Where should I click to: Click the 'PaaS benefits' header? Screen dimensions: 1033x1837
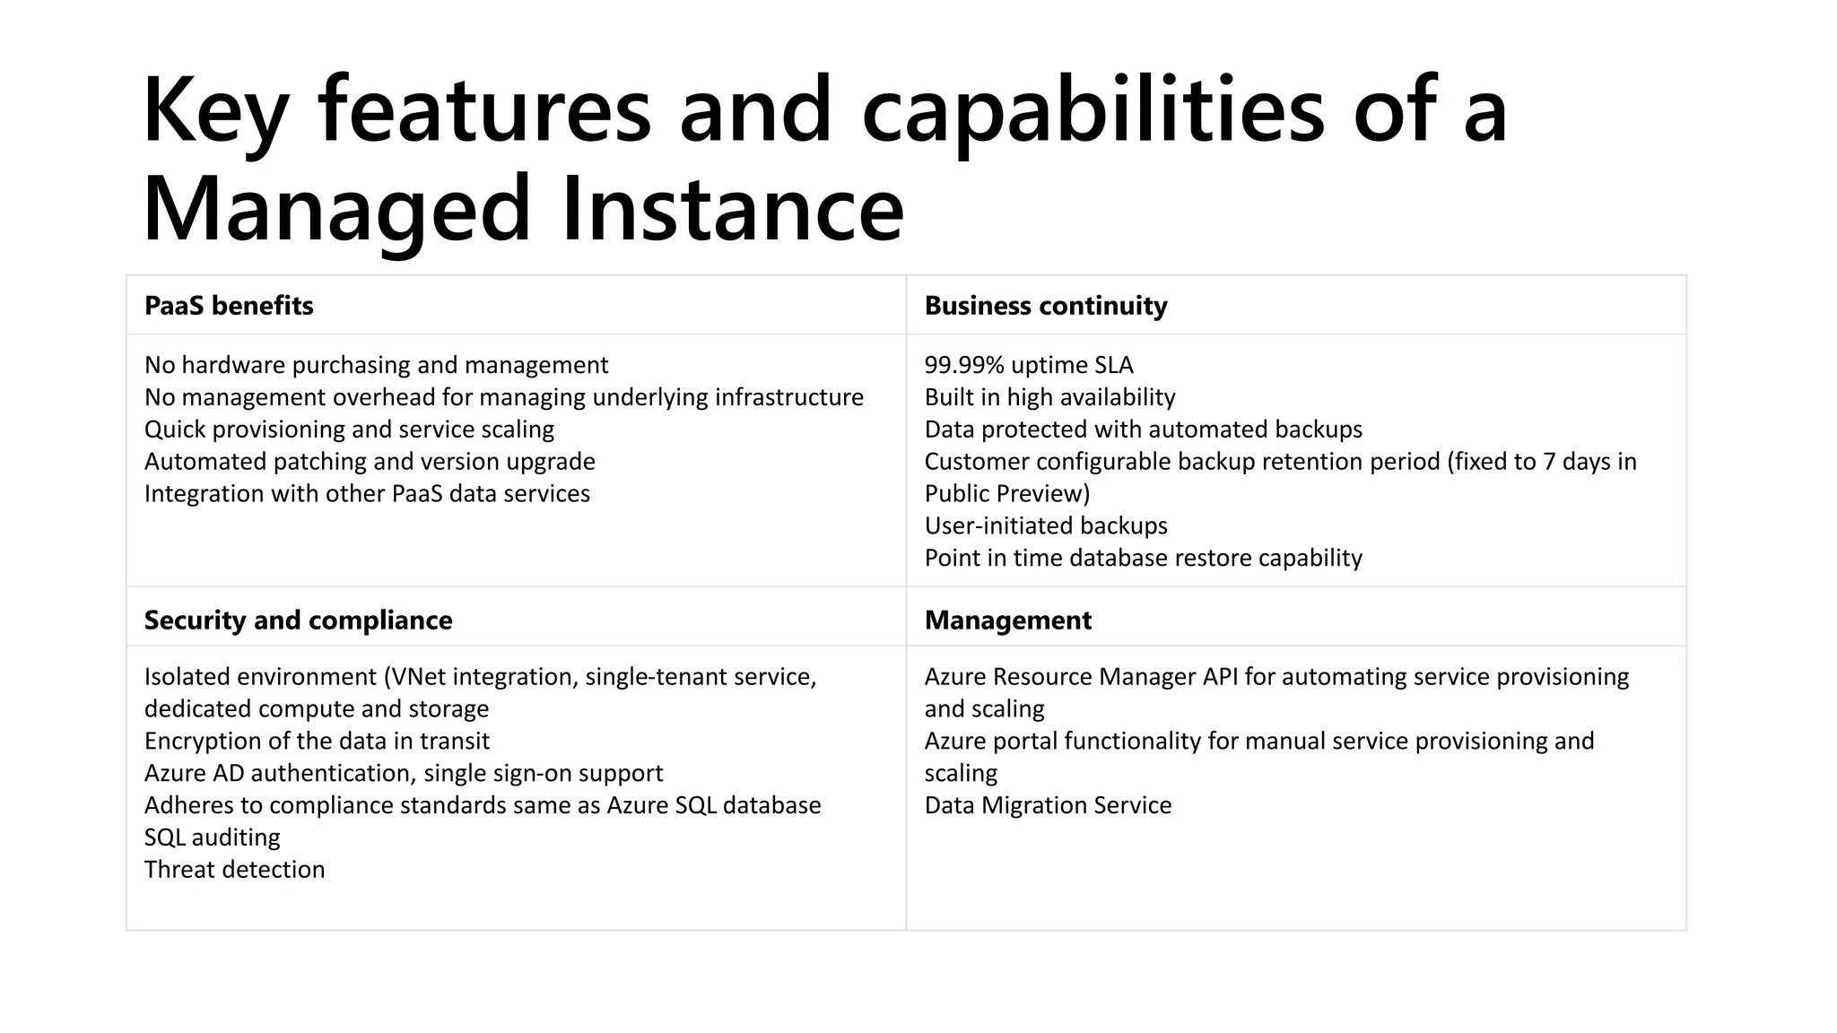(229, 306)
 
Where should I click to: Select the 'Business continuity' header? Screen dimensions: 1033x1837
(1046, 306)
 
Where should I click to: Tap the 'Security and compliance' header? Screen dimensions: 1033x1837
(298, 621)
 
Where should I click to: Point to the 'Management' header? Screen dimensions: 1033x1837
(1007, 621)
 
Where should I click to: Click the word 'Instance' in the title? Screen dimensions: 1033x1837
(732, 209)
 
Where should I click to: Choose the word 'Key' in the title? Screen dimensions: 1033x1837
(215, 110)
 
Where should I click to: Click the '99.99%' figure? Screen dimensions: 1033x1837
(964, 365)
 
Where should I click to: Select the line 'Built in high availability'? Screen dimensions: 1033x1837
(1049, 397)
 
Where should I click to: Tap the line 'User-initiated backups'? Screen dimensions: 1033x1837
(1046, 525)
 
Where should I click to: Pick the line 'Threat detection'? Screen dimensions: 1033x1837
(234, 870)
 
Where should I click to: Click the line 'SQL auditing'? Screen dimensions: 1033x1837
(212, 838)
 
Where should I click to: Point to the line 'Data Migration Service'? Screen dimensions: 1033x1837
(1048, 805)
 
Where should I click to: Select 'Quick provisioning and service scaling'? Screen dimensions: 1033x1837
(349, 430)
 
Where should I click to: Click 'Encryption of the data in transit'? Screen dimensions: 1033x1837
(317, 741)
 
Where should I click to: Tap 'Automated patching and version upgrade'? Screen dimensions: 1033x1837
(370, 462)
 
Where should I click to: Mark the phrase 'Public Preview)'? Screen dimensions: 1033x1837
(1007, 494)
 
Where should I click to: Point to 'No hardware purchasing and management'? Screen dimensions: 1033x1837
(376, 365)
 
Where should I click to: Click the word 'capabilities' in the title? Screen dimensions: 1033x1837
(1093, 110)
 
